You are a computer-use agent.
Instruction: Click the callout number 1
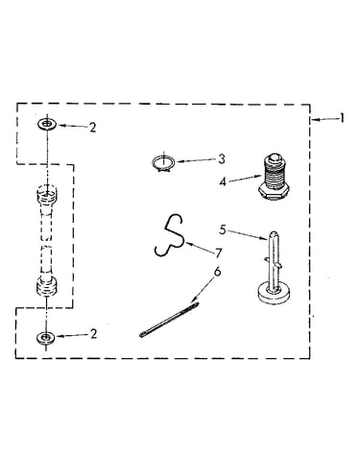pyautogui.click(x=342, y=118)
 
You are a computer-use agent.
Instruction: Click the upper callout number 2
pyautogui.click(x=92, y=128)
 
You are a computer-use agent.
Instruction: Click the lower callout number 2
pyautogui.click(x=93, y=334)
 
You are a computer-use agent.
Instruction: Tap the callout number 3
pyautogui.click(x=222, y=159)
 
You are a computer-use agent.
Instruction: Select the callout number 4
pyautogui.click(x=223, y=181)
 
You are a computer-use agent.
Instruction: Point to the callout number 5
pyautogui.click(x=223, y=229)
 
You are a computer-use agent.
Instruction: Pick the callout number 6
pyautogui.click(x=217, y=272)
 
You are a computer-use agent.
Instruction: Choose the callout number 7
pyautogui.click(x=219, y=253)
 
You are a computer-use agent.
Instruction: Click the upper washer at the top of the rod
pyautogui.click(x=47, y=124)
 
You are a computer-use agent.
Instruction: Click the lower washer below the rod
pyautogui.click(x=46, y=337)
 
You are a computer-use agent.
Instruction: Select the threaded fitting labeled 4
pyautogui.click(x=274, y=177)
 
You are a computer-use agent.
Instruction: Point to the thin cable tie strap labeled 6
pyautogui.click(x=169, y=320)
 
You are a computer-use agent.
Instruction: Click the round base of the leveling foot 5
pyautogui.click(x=274, y=294)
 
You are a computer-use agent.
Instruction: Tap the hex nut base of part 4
pyautogui.click(x=274, y=191)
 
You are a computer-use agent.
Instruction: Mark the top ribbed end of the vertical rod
pyautogui.click(x=47, y=194)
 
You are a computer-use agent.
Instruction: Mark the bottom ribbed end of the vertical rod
pyautogui.click(x=47, y=286)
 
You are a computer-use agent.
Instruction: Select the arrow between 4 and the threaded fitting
pyautogui.click(x=246, y=179)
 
